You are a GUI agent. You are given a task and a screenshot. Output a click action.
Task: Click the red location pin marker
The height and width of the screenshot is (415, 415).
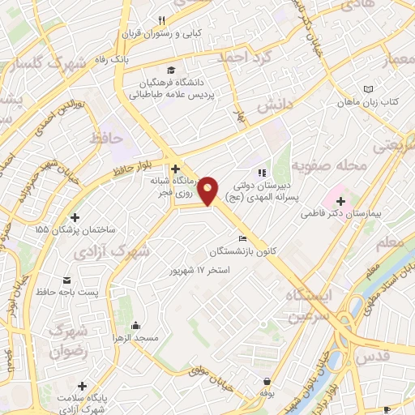[208, 190]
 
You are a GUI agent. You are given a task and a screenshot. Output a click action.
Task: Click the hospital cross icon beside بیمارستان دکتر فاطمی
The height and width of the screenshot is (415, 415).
[340, 200]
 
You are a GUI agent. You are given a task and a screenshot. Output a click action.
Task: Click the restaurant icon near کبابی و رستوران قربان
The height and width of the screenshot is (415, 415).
[161, 21]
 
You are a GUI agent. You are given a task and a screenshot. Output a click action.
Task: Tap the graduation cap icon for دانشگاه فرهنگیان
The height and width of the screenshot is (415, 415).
[170, 70]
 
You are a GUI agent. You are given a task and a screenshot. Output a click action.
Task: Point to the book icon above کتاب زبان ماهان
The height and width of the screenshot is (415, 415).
[369, 88]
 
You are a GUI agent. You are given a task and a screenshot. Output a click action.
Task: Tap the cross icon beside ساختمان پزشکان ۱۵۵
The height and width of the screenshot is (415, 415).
[75, 217]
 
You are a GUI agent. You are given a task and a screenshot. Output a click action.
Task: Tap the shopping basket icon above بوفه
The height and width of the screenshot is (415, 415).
[267, 381]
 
